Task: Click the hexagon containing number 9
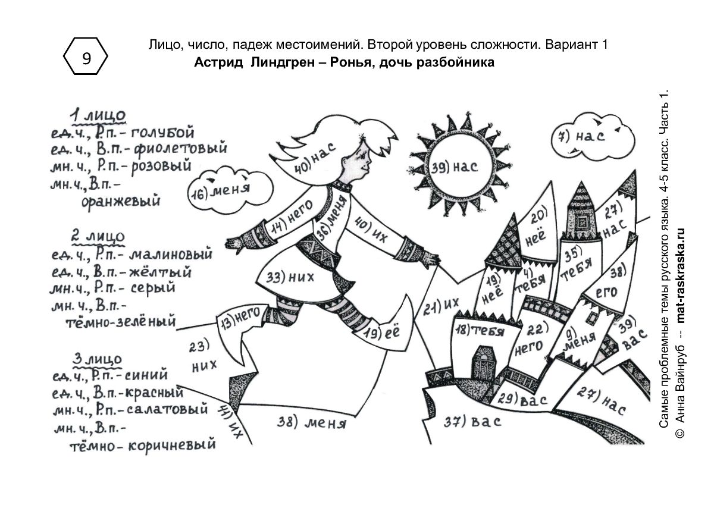pyautogui.click(x=86, y=56)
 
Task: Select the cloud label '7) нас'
pyautogui.click(x=581, y=137)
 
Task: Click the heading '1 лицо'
pyautogui.click(x=98, y=115)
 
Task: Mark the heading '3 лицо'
pyautogui.click(x=97, y=360)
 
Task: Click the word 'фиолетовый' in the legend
pyautogui.click(x=180, y=149)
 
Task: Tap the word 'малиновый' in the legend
pyautogui.click(x=171, y=254)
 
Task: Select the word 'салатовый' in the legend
pyautogui.click(x=167, y=409)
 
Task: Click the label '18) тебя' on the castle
pyautogui.click(x=480, y=331)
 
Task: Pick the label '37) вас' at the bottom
pyautogui.click(x=472, y=422)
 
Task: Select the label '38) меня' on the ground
pyautogui.click(x=311, y=423)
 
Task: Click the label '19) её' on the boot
pyautogui.click(x=382, y=333)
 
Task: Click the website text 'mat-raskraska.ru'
pyautogui.click(x=681, y=276)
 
